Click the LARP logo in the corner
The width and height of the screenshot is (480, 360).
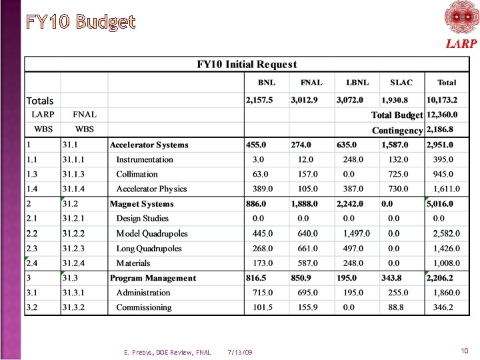coord(461,25)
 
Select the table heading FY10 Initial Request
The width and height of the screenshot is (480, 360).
coord(247,64)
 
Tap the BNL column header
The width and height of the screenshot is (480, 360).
coord(267,83)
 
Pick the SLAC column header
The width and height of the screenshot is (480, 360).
coord(401,83)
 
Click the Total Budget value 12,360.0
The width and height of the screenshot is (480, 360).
coord(443,115)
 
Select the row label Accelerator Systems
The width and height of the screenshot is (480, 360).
coord(149,145)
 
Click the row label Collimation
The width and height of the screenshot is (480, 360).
coord(137,174)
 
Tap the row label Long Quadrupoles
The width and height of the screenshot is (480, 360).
coord(149,249)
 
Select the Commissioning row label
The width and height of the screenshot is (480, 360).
coord(144,307)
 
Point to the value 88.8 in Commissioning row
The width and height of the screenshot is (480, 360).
coord(395,307)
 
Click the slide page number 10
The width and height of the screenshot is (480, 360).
coord(464,351)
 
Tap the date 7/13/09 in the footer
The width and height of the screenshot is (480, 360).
coord(240,352)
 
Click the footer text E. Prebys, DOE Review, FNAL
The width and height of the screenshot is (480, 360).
coord(167,352)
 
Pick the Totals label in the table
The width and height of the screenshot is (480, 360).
coord(40,101)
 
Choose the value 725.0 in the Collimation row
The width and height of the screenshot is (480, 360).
coord(395,174)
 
